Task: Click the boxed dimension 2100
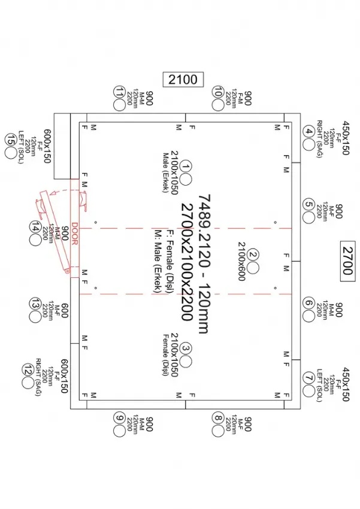183,78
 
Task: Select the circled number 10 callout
217,92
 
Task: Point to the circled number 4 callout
309,132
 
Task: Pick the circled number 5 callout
309,204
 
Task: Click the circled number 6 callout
309,303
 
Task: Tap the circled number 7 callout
309,378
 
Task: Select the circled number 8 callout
217,418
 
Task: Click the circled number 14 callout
35,228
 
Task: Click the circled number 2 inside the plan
253,254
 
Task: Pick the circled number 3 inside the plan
186,347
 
